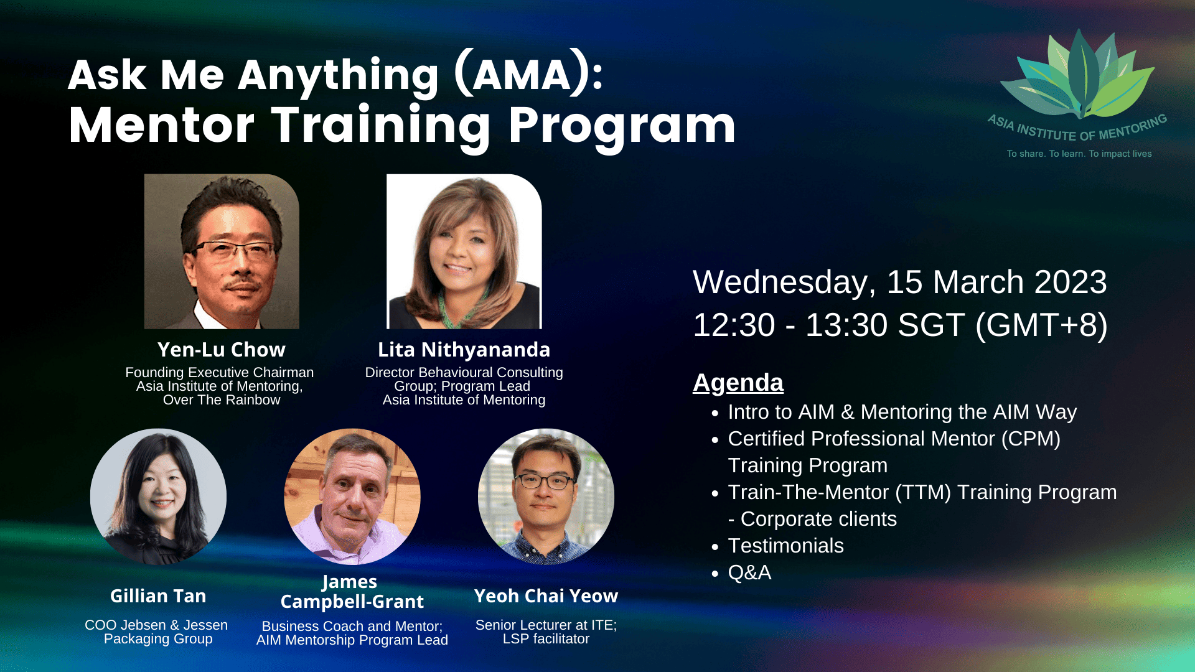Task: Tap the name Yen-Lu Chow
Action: click(222, 350)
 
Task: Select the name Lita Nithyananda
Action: click(464, 350)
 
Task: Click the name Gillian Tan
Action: click(158, 596)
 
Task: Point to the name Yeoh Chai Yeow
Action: click(546, 596)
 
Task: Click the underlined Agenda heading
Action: click(738, 383)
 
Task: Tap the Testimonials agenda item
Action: click(785, 546)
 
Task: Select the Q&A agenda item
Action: click(749, 572)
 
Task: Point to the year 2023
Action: click(1071, 282)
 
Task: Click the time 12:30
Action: click(734, 325)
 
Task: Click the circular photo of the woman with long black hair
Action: click(158, 497)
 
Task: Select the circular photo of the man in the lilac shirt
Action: click(352, 497)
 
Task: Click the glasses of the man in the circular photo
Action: click(545, 481)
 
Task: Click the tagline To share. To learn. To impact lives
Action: click(1079, 154)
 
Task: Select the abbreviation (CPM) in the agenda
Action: click(1031, 439)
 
